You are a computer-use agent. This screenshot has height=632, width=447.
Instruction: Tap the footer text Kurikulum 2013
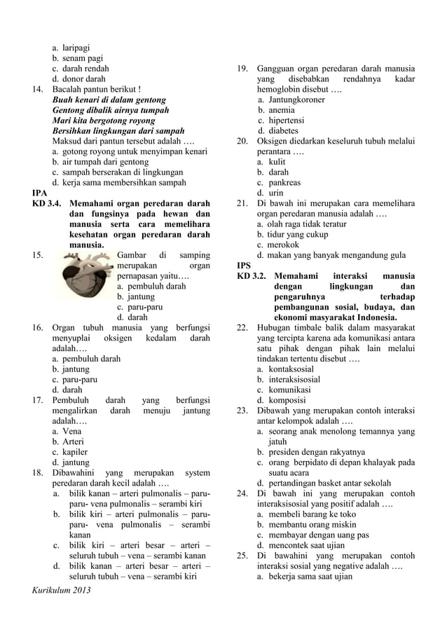coord(62,590)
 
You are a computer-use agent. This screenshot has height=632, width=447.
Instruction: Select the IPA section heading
coord(40,193)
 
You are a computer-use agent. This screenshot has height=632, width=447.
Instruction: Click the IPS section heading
coord(243,266)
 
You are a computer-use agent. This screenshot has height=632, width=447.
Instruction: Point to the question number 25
coord(242,556)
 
